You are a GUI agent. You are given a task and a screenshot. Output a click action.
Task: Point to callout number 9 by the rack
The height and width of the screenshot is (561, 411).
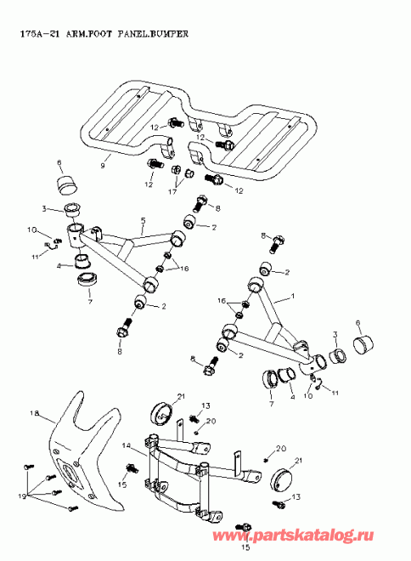103,164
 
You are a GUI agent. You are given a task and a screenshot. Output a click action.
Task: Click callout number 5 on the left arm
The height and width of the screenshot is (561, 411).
144,220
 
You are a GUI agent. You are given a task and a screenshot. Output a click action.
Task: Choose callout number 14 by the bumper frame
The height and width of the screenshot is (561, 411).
125,445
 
